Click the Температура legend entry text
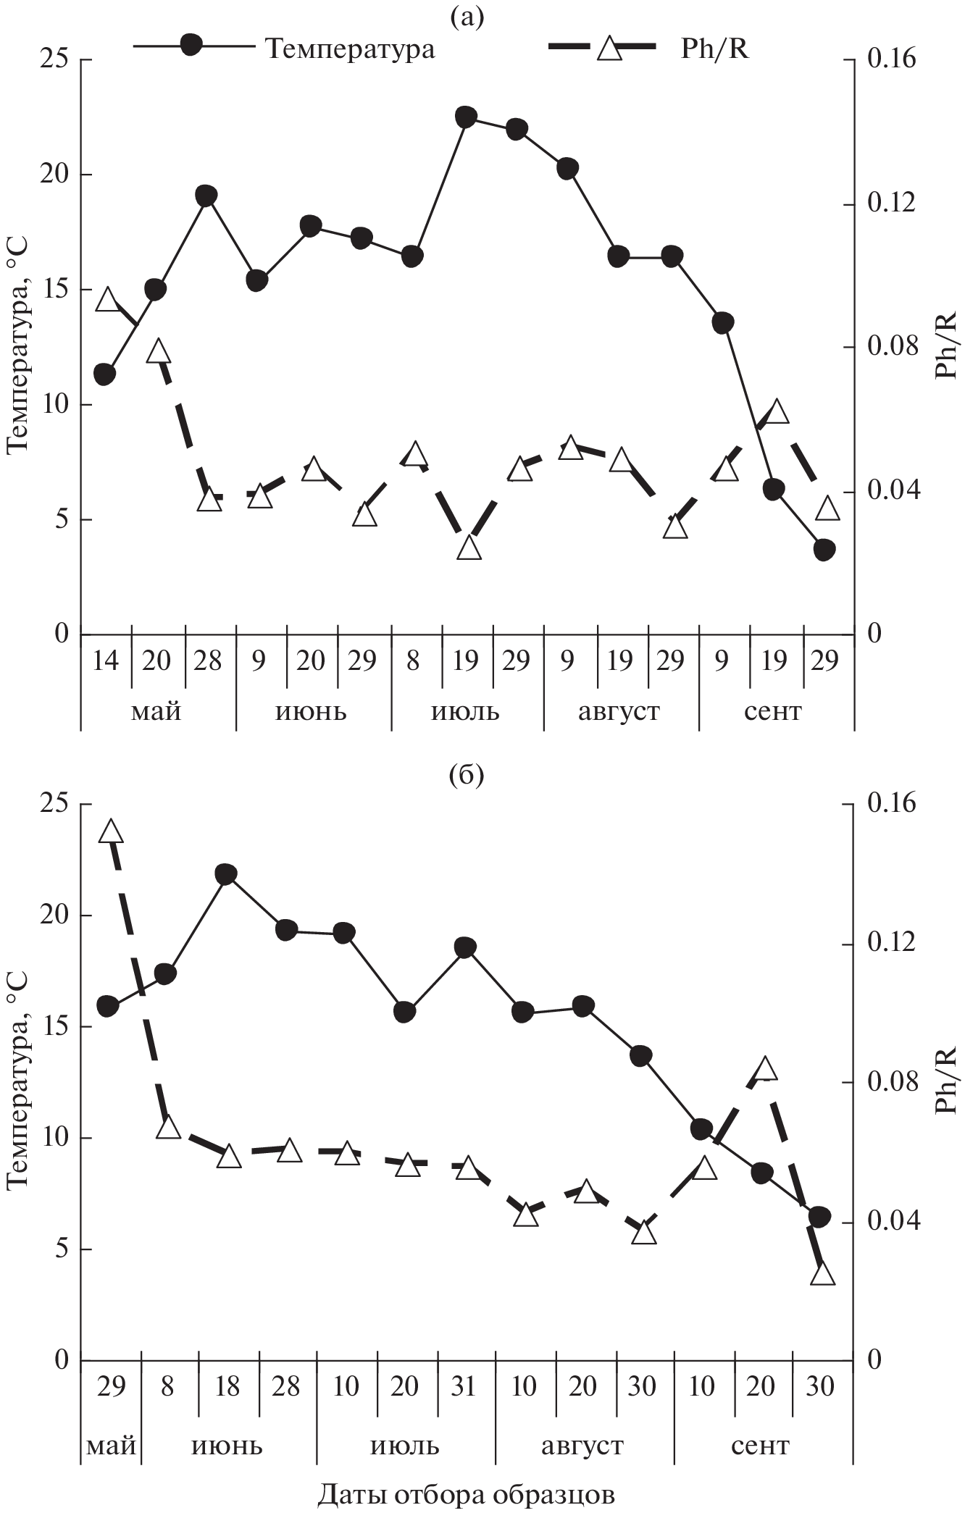click(x=350, y=49)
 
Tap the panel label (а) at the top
click(x=467, y=15)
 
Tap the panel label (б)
click(x=467, y=776)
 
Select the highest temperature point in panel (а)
click(x=466, y=117)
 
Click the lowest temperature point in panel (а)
click(x=824, y=550)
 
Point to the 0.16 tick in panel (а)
click(x=888, y=59)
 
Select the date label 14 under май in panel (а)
click(x=105, y=661)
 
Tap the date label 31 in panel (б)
click(x=464, y=1386)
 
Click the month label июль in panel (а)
click(x=465, y=712)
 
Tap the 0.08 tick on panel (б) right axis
click(x=888, y=1082)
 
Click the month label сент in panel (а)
click(x=772, y=712)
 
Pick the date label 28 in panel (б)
click(x=286, y=1386)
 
